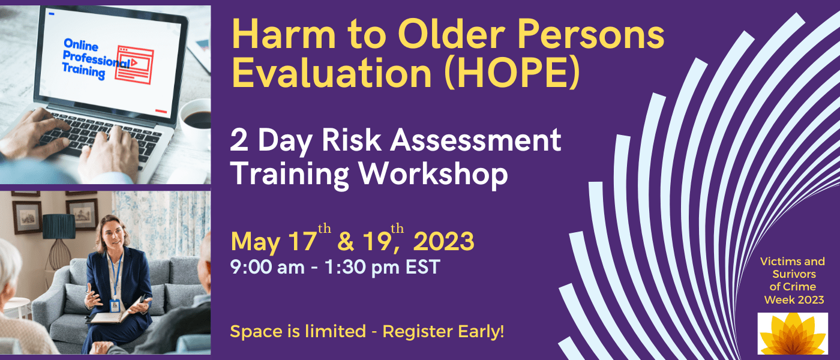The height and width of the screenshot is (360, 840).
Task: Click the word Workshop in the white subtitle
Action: pos(433,175)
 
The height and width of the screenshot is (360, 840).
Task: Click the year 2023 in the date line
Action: pos(443,241)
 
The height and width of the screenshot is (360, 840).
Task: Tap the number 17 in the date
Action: pos(302,241)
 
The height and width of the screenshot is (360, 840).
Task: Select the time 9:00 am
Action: pos(268,268)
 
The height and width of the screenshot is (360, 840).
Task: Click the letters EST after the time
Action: pos(422,268)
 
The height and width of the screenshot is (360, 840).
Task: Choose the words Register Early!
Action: pos(443,332)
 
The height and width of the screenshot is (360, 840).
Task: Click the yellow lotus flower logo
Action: pos(793,334)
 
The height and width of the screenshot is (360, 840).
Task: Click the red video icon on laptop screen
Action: pos(135,65)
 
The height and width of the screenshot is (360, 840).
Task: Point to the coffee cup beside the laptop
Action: pos(196,119)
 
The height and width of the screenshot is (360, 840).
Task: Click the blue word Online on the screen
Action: pos(81,45)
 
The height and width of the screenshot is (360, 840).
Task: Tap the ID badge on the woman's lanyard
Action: pos(115,305)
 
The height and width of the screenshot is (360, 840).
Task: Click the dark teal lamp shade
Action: pos(59,227)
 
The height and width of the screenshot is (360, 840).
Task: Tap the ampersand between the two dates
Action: pos(346,242)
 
